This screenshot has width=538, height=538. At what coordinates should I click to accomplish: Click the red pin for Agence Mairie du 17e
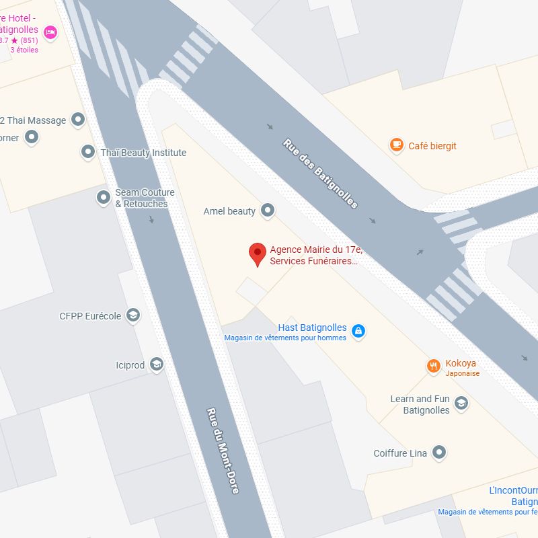pyautogui.click(x=257, y=254)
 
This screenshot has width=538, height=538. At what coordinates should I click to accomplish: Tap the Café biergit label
pyautogui.click(x=432, y=146)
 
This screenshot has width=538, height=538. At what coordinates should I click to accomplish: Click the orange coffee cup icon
pyautogui.click(x=397, y=145)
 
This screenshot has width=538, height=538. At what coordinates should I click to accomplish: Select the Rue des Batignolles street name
pyautogui.click(x=320, y=174)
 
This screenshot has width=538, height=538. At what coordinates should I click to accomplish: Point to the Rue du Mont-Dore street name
pyautogui.click(x=223, y=451)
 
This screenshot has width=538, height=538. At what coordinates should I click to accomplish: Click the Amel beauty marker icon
pyautogui.click(x=268, y=211)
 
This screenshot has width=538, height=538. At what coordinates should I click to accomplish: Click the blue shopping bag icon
pyautogui.click(x=358, y=331)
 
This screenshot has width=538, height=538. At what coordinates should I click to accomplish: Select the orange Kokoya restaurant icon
pyautogui.click(x=434, y=366)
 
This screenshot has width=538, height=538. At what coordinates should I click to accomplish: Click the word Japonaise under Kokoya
pyautogui.click(x=462, y=373)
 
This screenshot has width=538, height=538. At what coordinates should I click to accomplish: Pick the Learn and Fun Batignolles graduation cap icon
pyautogui.click(x=461, y=403)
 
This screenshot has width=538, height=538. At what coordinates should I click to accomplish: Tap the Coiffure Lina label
pyautogui.click(x=400, y=453)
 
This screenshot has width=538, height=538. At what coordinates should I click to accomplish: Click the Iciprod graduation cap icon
pyautogui.click(x=157, y=364)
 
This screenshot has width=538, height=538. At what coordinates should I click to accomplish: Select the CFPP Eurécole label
pyautogui.click(x=90, y=315)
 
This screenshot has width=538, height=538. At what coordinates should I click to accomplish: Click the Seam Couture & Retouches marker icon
pyautogui.click(x=103, y=198)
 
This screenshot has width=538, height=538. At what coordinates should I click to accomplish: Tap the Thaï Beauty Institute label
pyautogui.click(x=143, y=153)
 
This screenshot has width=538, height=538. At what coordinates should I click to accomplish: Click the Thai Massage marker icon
pyautogui.click(x=78, y=120)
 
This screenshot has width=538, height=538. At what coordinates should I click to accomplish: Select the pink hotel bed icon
pyautogui.click(x=50, y=32)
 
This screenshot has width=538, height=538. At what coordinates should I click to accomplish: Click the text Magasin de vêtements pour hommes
pyautogui.click(x=285, y=338)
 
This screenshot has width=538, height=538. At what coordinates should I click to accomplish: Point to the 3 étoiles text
pyautogui.click(x=24, y=50)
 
